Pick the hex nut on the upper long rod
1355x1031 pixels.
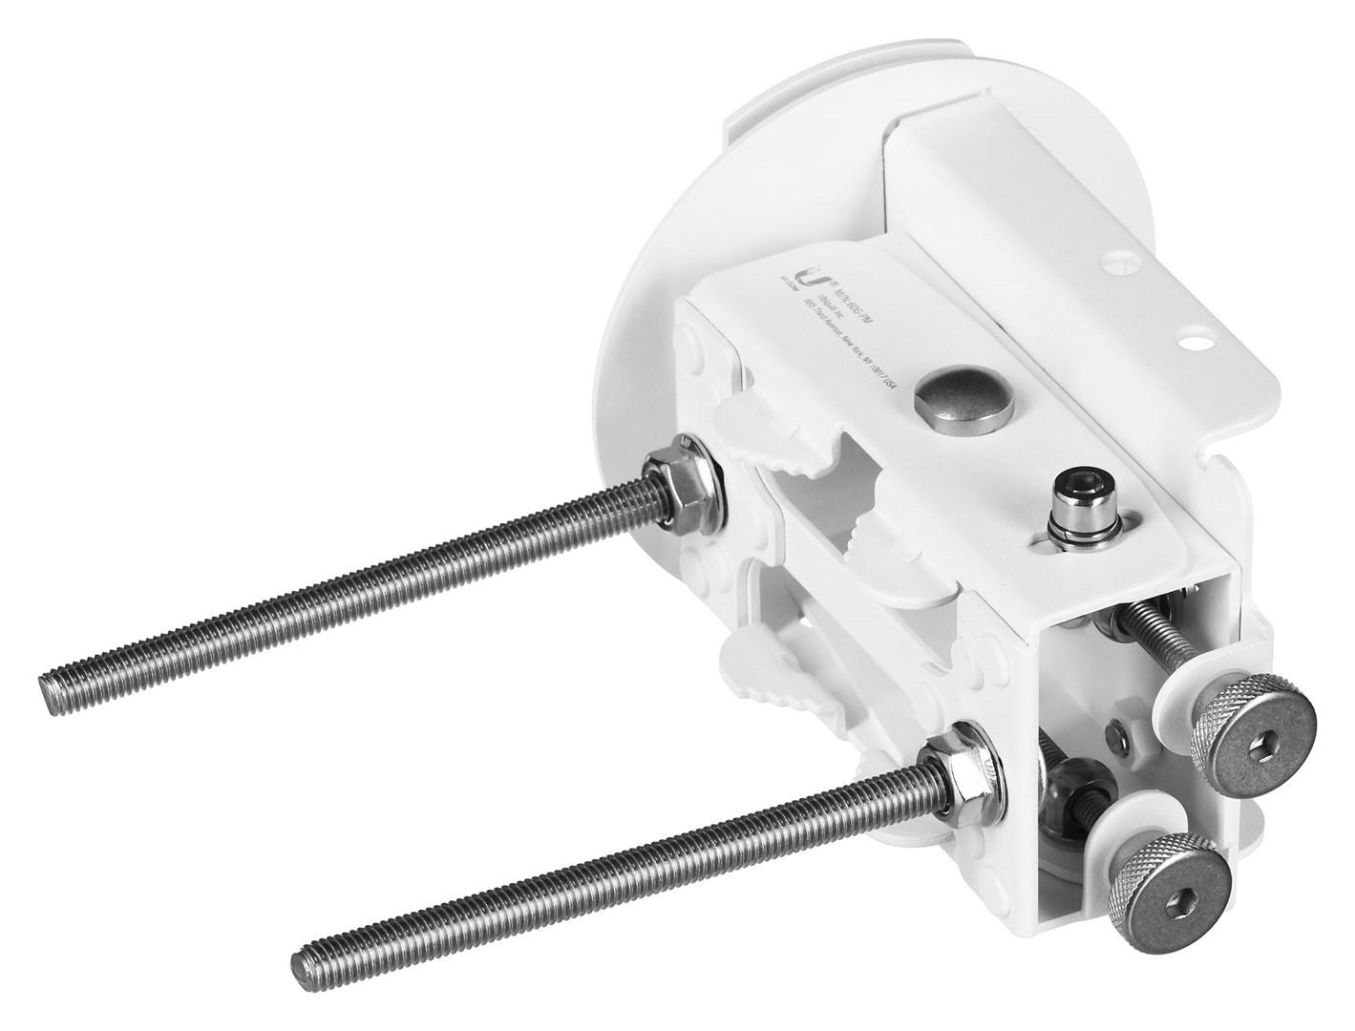pyautogui.click(x=669, y=477)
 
